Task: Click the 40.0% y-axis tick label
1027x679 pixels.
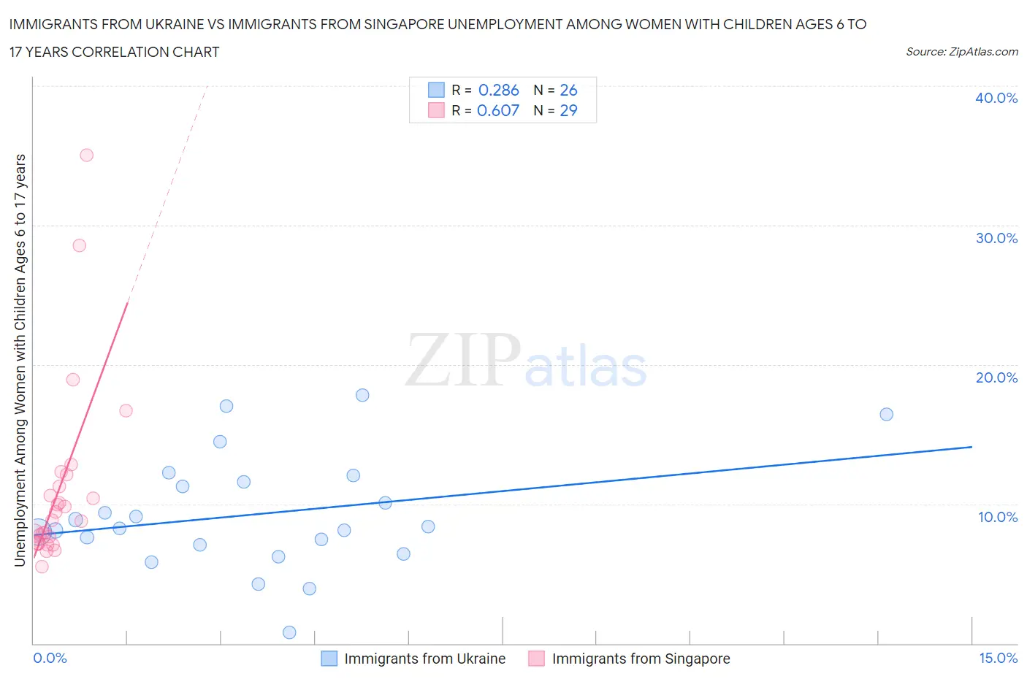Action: pyautogui.click(x=996, y=98)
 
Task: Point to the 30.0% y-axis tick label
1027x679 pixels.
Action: pyautogui.click(x=996, y=238)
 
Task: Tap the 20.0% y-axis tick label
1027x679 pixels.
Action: pyautogui.click(x=996, y=377)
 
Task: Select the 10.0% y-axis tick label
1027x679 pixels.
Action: pyautogui.click(x=997, y=517)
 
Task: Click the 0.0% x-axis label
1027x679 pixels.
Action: pyautogui.click(x=50, y=658)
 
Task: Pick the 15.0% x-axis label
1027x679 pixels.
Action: pyautogui.click(x=998, y=658)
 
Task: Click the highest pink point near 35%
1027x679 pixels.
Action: pyautogui.click(x=86, y=155)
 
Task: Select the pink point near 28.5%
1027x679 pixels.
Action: pyautogui.click(x=79, y=245)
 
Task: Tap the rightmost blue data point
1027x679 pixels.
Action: pyautogui.click(x=886, y=414)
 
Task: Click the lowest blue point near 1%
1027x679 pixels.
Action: pyautogui.click(x=289, y=632)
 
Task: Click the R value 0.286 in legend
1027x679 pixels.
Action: pyautogui.click(x=498, y=90)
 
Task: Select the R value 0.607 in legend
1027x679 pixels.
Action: pyautogui.click(x=497, y=110)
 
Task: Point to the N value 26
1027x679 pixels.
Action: pyautogui.click(x=568, y=90)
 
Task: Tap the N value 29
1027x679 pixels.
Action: pyautogui.click(x=568, y=110)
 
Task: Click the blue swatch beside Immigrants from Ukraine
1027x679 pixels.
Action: pyautogui.click(x=329, y=659)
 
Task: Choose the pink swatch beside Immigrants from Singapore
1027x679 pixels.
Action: pyautogui.click(x=536, y=659)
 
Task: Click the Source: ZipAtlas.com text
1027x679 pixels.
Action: pyautogui.click(x=961, y=51)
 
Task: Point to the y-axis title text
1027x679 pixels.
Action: pyautogui.click(x=20, y=360)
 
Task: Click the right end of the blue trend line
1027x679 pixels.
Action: pyautogui.click(x=971, y=446)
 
